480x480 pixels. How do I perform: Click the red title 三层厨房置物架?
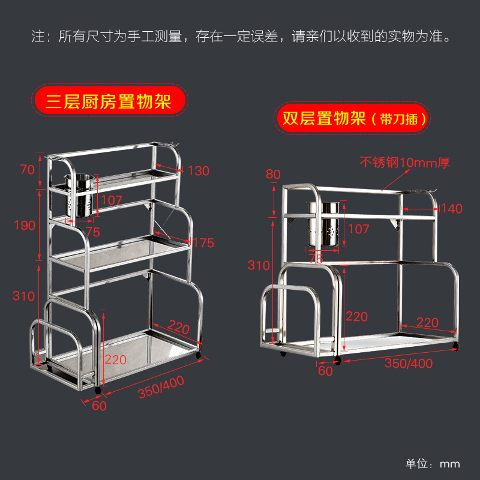pos(110,100)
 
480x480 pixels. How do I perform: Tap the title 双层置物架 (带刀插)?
pos(354,118)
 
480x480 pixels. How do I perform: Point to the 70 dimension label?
pos(28,170)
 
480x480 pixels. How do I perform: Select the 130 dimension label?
pos(198,171)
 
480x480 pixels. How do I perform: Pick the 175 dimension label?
pos(204,242)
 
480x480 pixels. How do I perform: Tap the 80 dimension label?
pos(273,175)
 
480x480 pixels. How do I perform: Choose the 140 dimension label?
pos(451,209)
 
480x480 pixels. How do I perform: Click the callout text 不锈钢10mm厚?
pos(404,162)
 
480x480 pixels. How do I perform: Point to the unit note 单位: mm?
pos(433,464)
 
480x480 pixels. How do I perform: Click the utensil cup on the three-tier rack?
pos(80,196)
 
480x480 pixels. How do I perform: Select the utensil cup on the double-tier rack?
pos(325,225)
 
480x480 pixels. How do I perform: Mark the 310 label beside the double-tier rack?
pos(259,265)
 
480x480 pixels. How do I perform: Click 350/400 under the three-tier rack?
pos(161,386)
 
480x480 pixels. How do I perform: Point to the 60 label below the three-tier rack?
pos(99,406)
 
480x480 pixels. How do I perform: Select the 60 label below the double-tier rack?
pos(325,371)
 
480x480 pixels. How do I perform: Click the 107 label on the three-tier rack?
pos(112,200)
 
